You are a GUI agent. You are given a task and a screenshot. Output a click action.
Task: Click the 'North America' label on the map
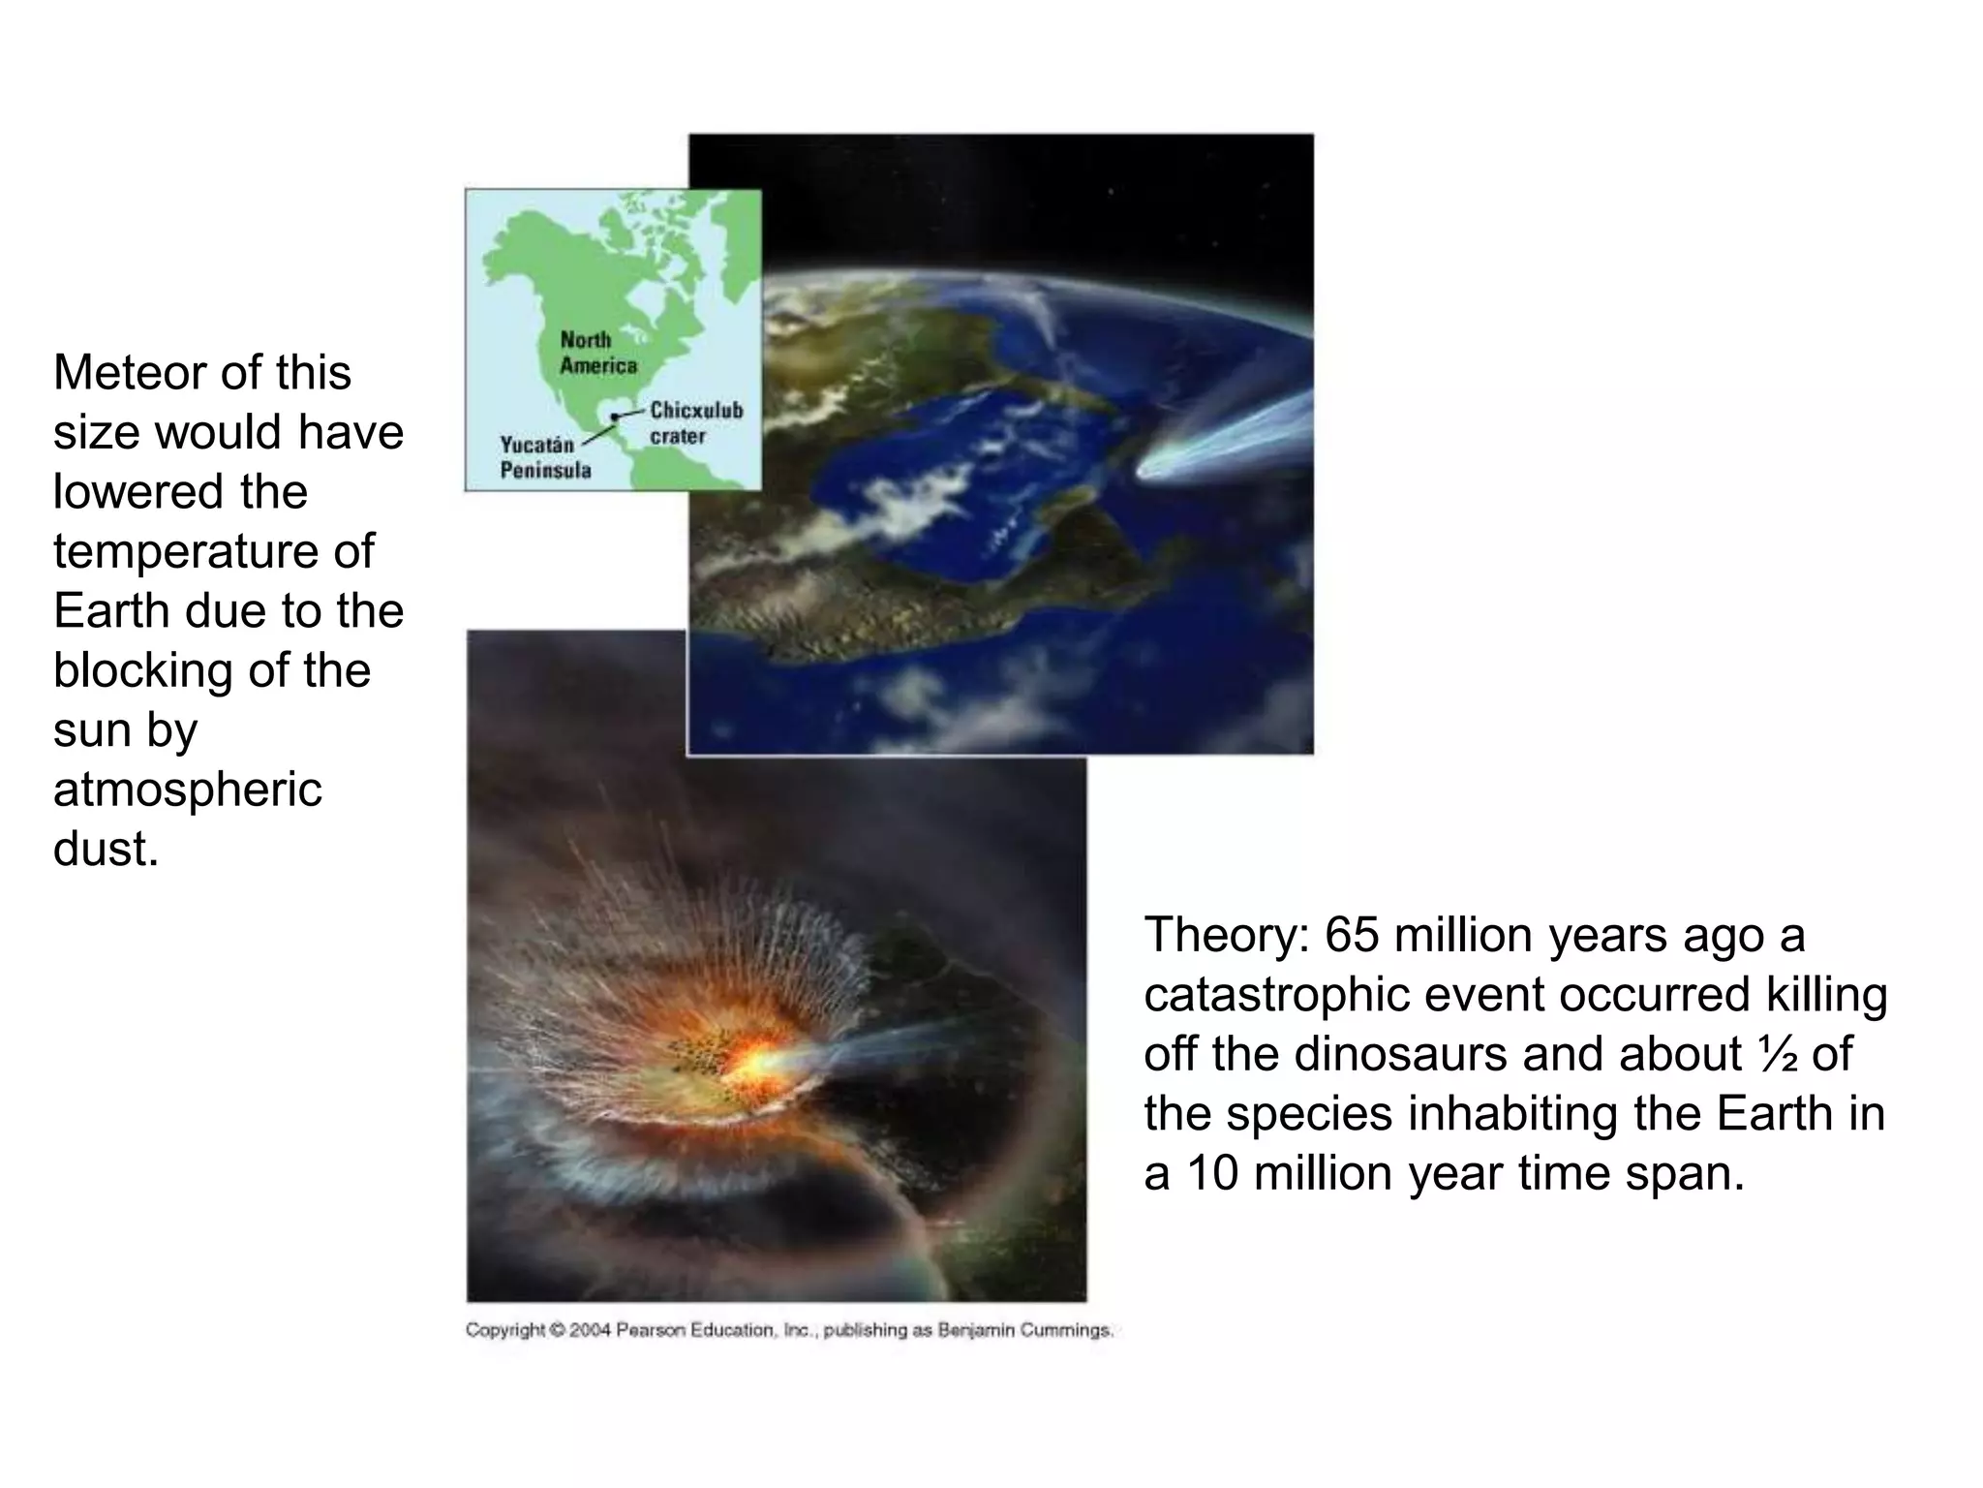(597, 353)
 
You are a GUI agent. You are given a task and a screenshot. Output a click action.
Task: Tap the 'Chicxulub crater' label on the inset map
(695, 422)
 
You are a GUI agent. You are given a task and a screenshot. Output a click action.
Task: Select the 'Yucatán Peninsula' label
(544, 457)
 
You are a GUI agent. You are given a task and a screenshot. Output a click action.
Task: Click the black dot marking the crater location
(614, 418)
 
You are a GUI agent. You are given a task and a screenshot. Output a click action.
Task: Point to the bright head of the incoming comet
(1158, 470)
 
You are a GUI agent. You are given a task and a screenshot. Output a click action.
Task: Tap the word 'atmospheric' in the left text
(186, 790)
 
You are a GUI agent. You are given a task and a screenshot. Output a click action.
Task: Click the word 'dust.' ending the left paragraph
(105, 849)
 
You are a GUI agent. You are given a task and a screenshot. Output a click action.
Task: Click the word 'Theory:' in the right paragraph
(1226, 936)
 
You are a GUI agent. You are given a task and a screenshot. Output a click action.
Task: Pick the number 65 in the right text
(1352, 936)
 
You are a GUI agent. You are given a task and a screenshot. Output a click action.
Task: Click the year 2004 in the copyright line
(591, 1330)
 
